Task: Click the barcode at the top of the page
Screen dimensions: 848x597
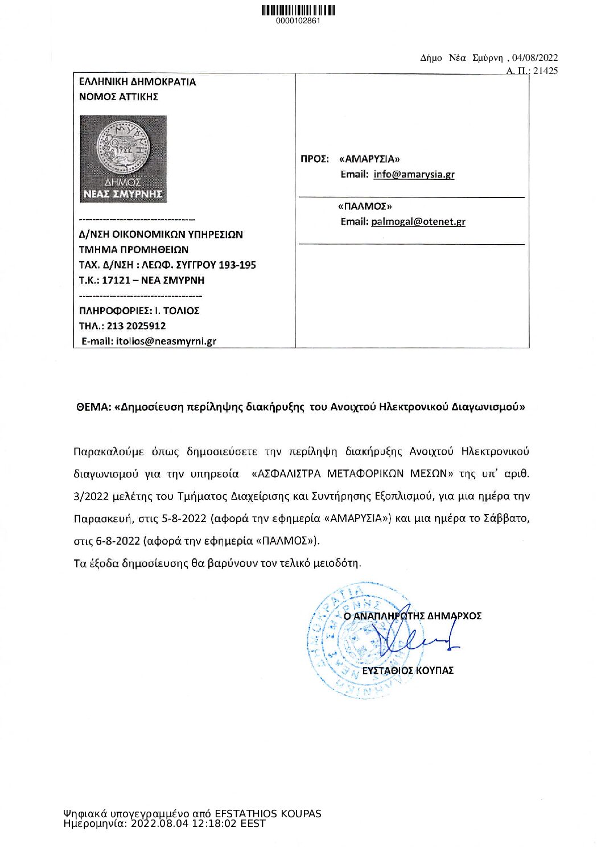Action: [x=298, y=10]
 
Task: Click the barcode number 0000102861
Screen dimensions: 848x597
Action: [x=298, y=21]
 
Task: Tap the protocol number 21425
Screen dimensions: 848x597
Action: [x=545, y=71]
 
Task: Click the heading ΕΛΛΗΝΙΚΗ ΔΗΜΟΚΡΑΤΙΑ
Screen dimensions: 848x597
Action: [x=137, y=82]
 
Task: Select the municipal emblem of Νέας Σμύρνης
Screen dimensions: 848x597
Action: [x=123, y=159]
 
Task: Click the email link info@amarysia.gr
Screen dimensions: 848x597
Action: [x=414, y=174]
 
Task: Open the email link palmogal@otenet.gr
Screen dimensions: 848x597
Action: [x=418, y=221]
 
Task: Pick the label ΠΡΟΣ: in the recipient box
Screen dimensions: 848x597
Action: [x=315, y=159]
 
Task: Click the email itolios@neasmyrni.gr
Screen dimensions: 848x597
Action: [x=166, y=341]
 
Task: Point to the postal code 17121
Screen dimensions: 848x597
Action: [x=116, y=280]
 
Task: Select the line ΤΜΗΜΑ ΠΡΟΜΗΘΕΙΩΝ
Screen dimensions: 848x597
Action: [x=134, y=249]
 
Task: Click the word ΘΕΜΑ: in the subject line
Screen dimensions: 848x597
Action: [x=93, y=407]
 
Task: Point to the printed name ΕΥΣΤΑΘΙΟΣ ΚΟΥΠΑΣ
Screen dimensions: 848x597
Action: [x=407, y=670]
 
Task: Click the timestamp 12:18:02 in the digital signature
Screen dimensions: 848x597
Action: [x=211, y=824]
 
